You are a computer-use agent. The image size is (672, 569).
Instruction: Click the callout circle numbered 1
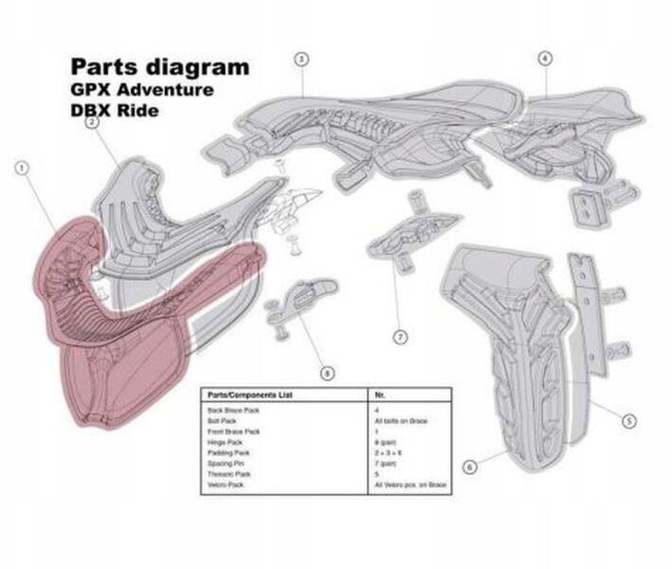click(x=22, y=168)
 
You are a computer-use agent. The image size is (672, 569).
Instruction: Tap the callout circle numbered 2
click(x=92, y=121)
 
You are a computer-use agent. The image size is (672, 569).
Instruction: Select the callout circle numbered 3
click(x=300, y=59)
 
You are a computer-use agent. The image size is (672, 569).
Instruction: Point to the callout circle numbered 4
click(x=544, y=59)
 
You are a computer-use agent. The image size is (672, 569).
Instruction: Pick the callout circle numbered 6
click(x=468, y=466)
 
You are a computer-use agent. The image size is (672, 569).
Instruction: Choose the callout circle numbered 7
click(x=400, y=336)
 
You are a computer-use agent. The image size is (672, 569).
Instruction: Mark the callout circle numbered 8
click(x=327, y=374)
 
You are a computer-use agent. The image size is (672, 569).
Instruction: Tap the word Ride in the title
click(x=136, y=110)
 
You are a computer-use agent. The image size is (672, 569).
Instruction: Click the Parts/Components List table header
click(x=241, y=394)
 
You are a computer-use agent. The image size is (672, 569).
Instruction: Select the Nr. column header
click(x=380, y=394)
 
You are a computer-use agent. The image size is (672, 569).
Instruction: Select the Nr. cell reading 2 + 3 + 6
click(x=388, y=451)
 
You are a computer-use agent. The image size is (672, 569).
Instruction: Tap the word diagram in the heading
click(x=205, y=67)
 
